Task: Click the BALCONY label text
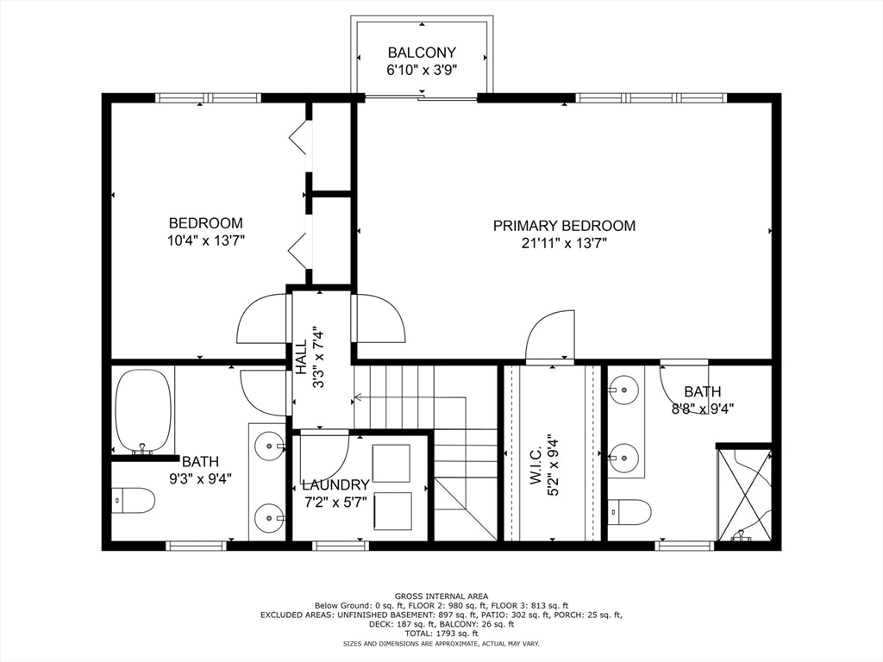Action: [x=422, y=52]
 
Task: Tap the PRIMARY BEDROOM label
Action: [x=564, y=226]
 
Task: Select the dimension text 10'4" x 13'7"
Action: [x=206, y=241]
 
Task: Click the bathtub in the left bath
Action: [x=143, y=410]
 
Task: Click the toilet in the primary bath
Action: [x=629, y=512]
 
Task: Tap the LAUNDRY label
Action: [x=335, y=485]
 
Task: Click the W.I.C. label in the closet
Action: [x=535, y=465]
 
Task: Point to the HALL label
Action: [x=301, y=357]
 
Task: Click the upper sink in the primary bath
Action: [x=624, y=390]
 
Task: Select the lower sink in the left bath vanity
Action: [x=270, y=516]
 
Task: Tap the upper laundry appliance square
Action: [x=391, y=463]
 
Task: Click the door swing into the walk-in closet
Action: [x=549, y=336]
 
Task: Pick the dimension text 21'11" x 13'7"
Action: [x=564, y=244]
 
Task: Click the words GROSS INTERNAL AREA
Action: [x=441, y=596]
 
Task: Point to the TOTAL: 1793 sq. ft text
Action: [x=441, y=634]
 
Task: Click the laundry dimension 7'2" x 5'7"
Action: [x=335, y=502]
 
